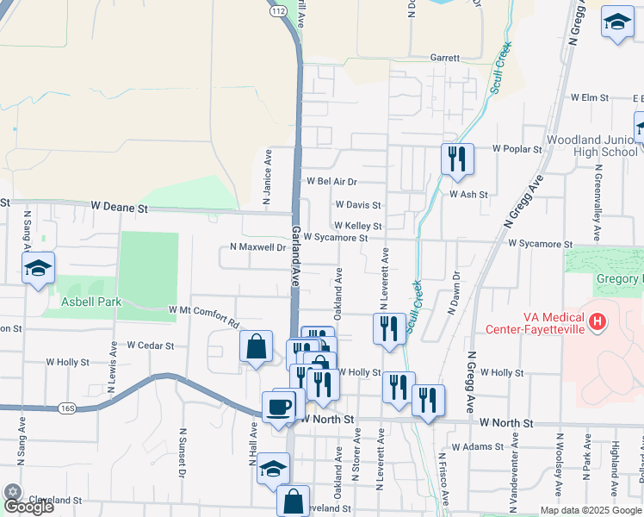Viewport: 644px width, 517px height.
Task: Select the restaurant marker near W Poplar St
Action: (456, 159)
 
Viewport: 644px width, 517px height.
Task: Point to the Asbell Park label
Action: (91, 302)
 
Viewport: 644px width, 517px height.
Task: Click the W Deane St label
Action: (120, 208)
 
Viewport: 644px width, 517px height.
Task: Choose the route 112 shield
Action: (276, 11)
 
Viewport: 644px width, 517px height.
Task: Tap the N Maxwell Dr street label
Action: (257, 247)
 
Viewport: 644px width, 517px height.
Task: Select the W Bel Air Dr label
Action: (331, 182)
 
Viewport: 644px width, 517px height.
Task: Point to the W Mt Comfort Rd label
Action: (203, 312)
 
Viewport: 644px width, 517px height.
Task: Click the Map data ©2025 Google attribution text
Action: (590, 510)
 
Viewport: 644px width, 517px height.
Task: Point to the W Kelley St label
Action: (358, 226)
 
